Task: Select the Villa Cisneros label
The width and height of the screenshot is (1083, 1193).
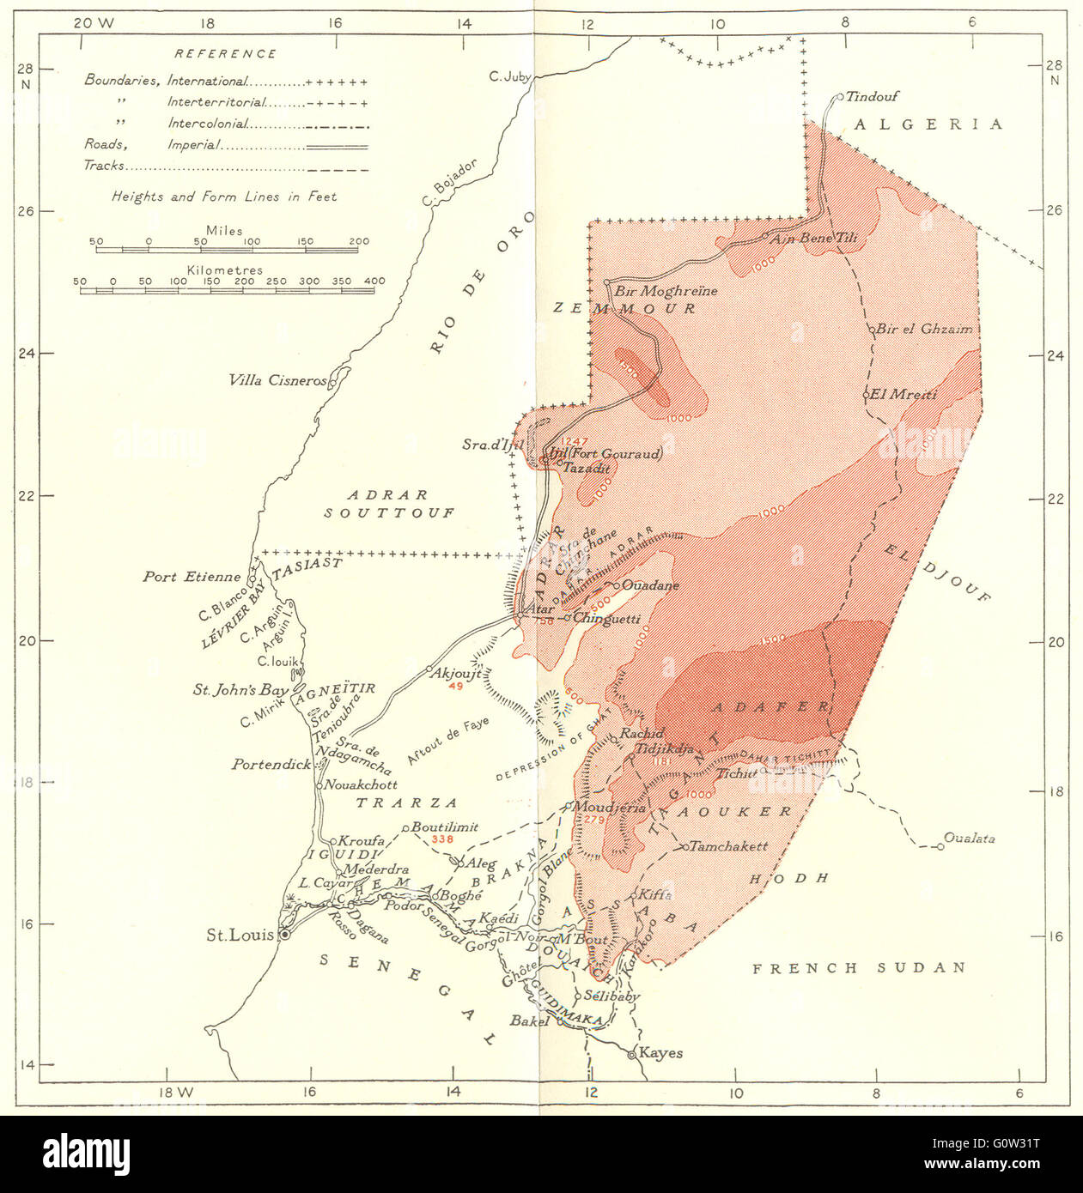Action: click(277, 380)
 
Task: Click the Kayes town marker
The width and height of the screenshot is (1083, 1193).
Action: click(632, 1054)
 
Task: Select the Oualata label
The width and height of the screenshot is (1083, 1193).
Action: click(969, 838)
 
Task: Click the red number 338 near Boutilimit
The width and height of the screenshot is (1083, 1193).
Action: click(442, 839)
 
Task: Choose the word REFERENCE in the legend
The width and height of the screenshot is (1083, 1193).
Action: click(225, 53)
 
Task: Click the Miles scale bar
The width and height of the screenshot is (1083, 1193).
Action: click(228, 250)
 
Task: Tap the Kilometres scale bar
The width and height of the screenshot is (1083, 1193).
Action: click(227, 290)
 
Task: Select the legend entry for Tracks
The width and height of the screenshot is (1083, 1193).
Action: click(104, 166)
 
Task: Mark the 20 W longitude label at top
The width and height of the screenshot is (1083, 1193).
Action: click(94, 23)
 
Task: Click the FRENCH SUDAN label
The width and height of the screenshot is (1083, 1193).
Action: click(859, 968)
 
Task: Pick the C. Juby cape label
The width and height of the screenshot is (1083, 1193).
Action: click(509, 76)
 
